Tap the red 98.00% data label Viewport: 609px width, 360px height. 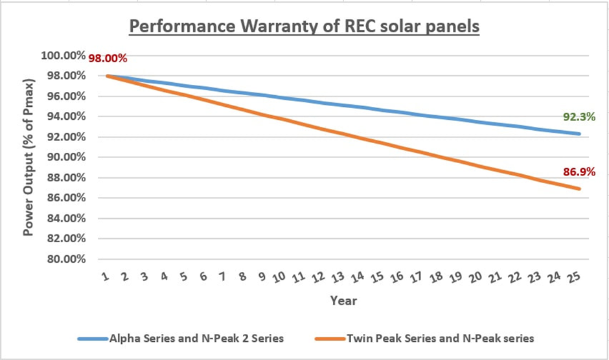tap(108, 58)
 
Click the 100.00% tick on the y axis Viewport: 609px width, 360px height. tap(63, 56)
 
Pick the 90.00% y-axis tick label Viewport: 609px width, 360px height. tap(65, 157)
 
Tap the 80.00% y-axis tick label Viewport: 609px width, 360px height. tap(65, 260)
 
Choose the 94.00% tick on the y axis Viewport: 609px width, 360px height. tap(65, 117)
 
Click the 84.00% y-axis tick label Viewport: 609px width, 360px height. tap(65, 219)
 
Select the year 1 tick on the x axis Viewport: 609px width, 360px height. tap(106, 276)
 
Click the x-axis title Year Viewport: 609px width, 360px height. tap(343, 301)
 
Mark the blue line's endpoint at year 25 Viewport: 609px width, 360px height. tap(579, 134)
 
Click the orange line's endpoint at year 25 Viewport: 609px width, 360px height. tap(579, 189)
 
